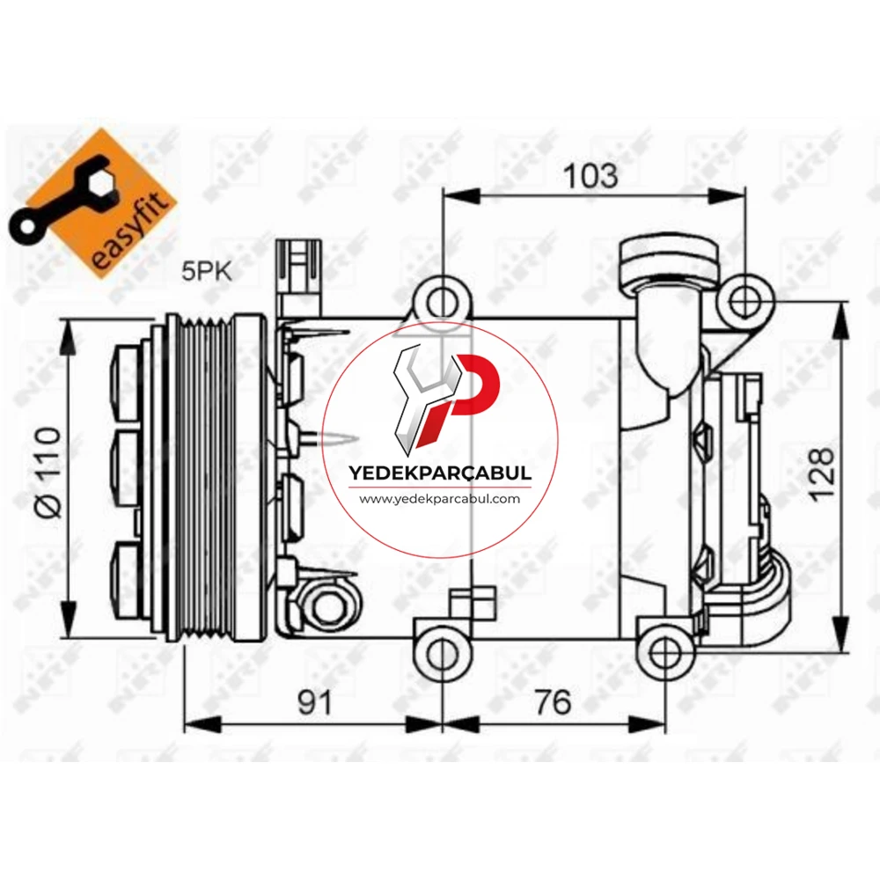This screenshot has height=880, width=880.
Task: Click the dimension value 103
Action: [591, 176]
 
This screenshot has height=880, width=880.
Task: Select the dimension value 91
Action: [314, 702]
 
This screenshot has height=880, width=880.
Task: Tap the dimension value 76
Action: [553, 702]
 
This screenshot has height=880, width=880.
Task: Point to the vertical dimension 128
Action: [822, 473]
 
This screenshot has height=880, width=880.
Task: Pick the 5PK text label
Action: [207, 272]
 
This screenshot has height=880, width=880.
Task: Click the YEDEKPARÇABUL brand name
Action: [440, 473]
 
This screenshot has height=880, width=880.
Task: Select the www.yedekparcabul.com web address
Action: [440, 498]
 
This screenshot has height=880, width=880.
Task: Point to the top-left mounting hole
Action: [443, 302]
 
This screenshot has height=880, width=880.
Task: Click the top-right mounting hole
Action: [746, 302]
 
